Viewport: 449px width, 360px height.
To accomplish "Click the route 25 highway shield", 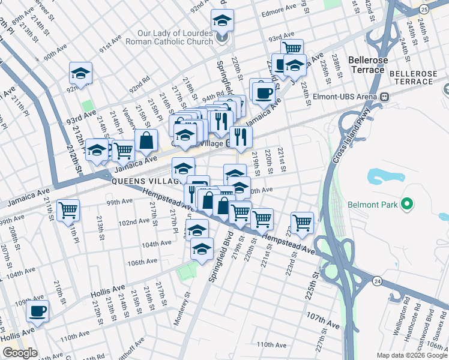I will pos(424,9).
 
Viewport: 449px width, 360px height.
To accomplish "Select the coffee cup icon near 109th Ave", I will pos(37,310).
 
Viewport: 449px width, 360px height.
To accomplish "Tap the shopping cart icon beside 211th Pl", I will pos(68,209).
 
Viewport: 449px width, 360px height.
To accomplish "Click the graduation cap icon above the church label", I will pos(223,22).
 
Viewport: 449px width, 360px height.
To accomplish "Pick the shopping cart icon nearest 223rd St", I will pos(302,222).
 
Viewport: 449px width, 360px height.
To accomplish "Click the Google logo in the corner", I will pos(19,353).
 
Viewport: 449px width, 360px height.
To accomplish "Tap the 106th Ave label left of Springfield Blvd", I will pos(142,261).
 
